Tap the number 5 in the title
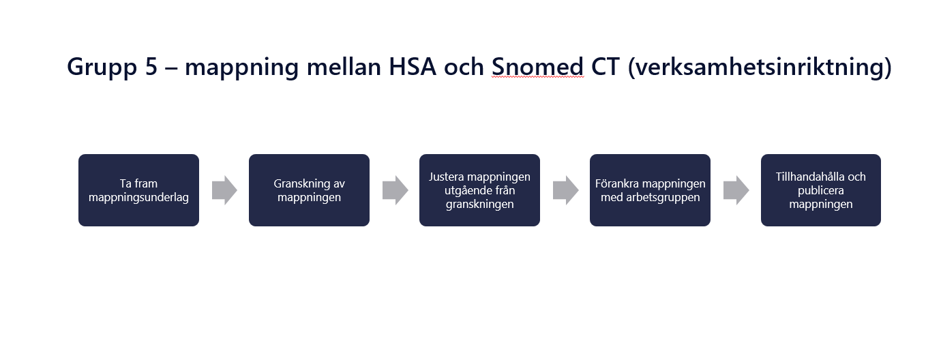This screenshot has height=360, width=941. click(151, 66)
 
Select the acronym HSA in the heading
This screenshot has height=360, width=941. click(413, 66)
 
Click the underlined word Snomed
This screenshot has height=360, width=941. click(538, 66)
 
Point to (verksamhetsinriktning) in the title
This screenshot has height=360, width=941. click(760, 67)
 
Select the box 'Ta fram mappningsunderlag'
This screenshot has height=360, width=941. click(138, 190)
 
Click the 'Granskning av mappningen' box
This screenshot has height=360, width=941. click(309, 190)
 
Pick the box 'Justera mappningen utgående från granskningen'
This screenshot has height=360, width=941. click(479, 190)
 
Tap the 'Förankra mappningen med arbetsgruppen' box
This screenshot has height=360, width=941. click(650, 190)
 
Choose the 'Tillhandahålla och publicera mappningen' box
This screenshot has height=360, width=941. click(821, 190)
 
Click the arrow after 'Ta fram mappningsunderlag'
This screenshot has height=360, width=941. click(224, 190)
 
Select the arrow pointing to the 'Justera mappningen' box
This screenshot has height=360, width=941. click(395, 190)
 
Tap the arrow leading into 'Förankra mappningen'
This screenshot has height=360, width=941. click(565, 190)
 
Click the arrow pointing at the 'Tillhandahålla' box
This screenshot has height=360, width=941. click(736, 190)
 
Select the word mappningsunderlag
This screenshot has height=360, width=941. click(138, 198)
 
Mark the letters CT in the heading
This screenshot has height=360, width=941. click(606, 66)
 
